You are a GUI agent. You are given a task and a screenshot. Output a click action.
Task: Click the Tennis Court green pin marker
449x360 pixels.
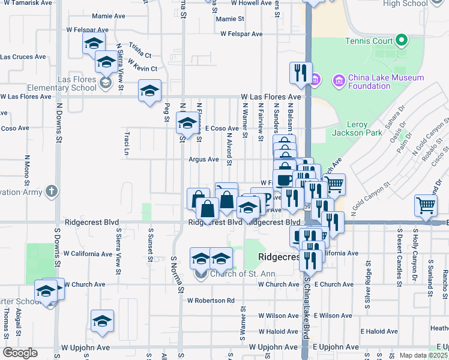tap(402, 41)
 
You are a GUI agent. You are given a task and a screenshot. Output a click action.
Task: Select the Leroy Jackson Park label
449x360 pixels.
tap(357, 128)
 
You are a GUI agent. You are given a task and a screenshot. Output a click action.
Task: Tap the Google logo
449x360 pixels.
tap(20, 353)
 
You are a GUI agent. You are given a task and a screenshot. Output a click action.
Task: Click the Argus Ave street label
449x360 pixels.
tap(203, 160)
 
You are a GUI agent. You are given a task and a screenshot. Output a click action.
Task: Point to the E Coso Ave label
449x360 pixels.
tap(221, 128)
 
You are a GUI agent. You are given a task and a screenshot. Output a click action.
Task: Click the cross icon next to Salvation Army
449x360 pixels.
tap(52, 191)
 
